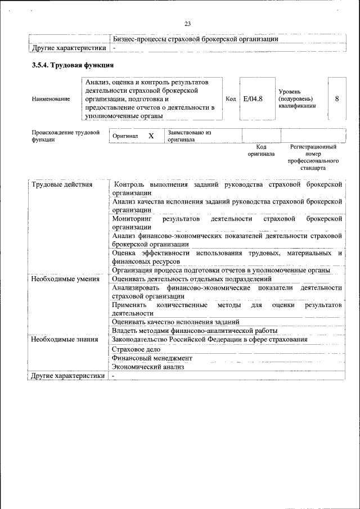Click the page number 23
(187, 23)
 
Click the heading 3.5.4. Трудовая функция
(73, 65)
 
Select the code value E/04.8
(253, 99)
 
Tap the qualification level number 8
(336, 98)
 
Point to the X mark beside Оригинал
(151, 136)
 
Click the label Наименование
(51, 99)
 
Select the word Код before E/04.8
(231, 99)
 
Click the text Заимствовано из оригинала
(188, 136)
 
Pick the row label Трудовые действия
(62, 184)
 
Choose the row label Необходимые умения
(65, 278)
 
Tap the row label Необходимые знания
(65, 339)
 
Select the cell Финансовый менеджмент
(152, 358)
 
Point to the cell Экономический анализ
(148, 367)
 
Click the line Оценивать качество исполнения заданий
(175, 321)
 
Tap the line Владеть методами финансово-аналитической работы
(195, 330)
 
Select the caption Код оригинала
(261, 150)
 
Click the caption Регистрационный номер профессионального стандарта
(313, 157)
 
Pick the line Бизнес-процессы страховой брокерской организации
(195, 39)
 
